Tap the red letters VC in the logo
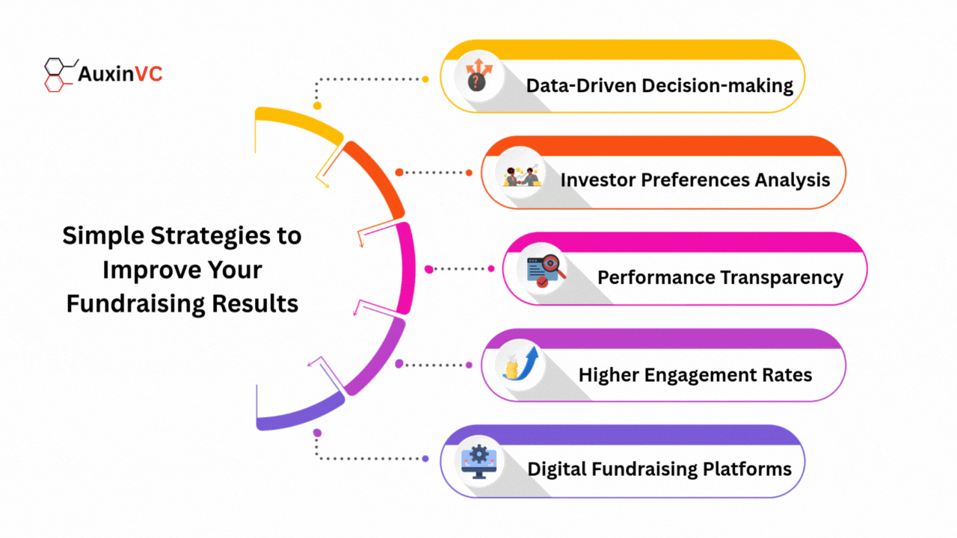point(149,74)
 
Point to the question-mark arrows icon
point(478,75)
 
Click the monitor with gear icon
point(479,462)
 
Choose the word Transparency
point(782,278)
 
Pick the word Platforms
point(747,469)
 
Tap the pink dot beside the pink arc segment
point(429,269)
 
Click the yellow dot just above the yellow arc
point(317,105)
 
